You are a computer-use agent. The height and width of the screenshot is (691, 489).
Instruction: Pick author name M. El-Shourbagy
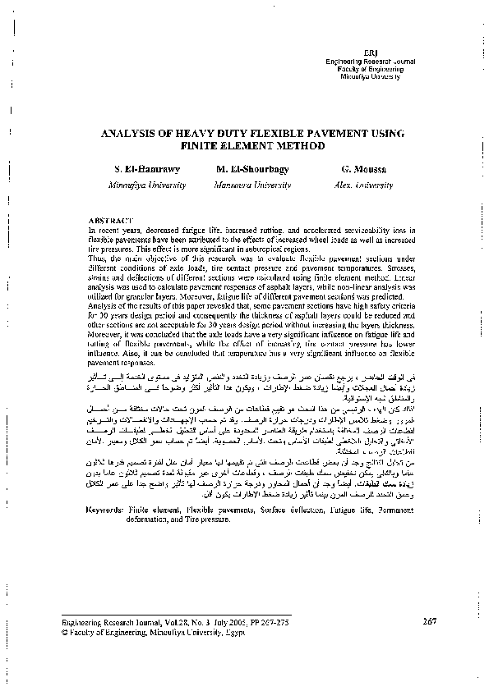(250, 170)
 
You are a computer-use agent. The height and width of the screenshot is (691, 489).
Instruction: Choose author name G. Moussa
(358, 170)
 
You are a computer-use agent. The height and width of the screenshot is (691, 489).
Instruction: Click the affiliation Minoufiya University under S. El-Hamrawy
(147, 186)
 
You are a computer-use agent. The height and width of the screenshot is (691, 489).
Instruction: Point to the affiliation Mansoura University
(250, 186)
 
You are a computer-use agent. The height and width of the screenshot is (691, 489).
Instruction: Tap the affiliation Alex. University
(358, 186)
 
